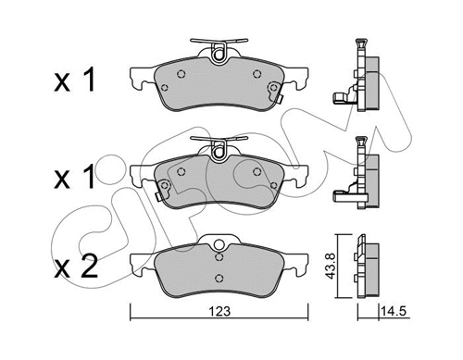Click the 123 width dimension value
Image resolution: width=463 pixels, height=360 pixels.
pyautogui.click(x=219, y=312)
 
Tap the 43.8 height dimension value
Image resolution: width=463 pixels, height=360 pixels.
pyautogui.click(x=331, y=266)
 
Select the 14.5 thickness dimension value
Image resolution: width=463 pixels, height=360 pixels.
pyautogui.click(x=393, y=312)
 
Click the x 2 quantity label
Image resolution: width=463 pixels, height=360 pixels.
pyautogui.click(x=76, y=267)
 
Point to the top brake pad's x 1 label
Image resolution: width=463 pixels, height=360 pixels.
pyautogui.click(x=74, y=80)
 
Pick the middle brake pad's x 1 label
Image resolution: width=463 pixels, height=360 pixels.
pyautogui.click(x=74, y=176)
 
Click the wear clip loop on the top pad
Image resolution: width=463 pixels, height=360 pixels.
pyautogui.click(x=219, y=53)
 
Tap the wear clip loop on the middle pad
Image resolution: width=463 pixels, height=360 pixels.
pyautogui.click(x=219, y=150)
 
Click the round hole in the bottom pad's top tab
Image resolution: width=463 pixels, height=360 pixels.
pyautogui.click(x=219, y=245)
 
